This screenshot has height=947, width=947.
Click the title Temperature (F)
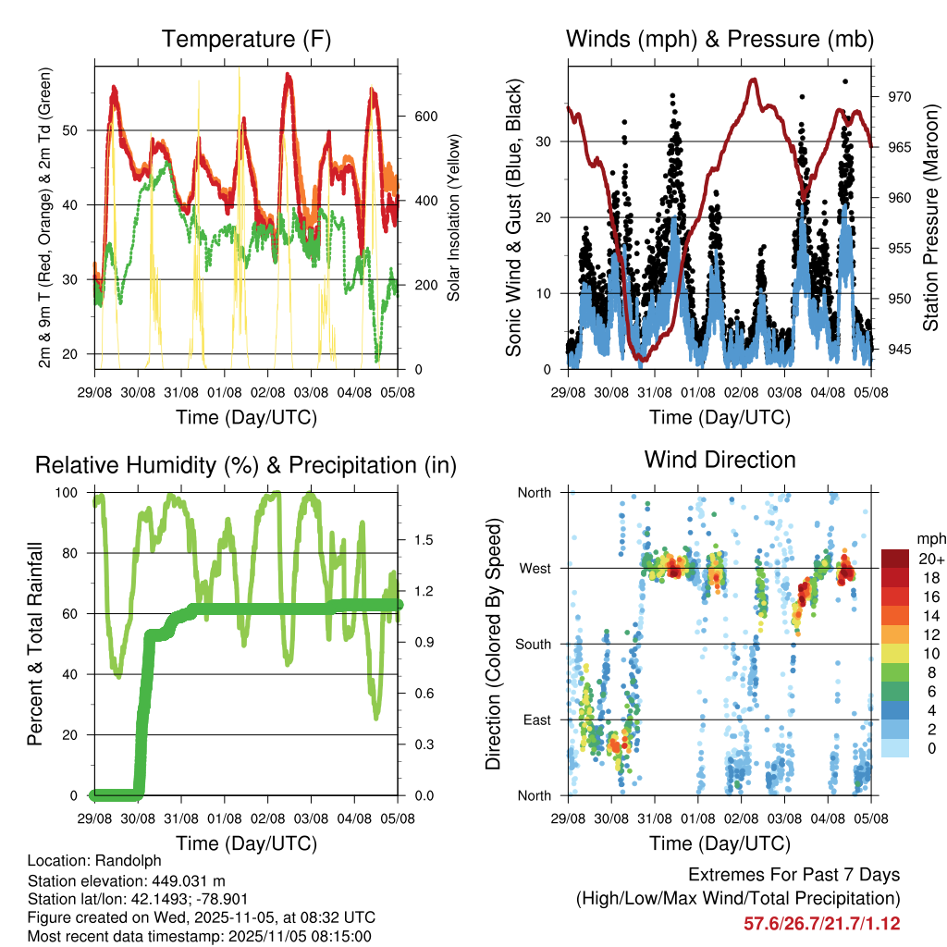(x=246, y=40)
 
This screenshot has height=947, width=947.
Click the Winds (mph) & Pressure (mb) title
(x=719, y=40)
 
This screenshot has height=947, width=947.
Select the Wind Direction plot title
(x=719, y=460)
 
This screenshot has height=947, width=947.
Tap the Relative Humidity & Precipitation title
(x=246, y=465)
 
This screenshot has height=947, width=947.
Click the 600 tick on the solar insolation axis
(x=424, y=117)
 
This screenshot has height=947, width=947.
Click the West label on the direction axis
(x=535, y=568)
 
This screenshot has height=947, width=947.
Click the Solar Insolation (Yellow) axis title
(x=454, y=217)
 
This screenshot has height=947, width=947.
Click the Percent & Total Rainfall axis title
(x=34, y=644)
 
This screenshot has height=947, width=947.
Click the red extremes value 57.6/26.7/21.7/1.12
(x=821, y=923)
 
